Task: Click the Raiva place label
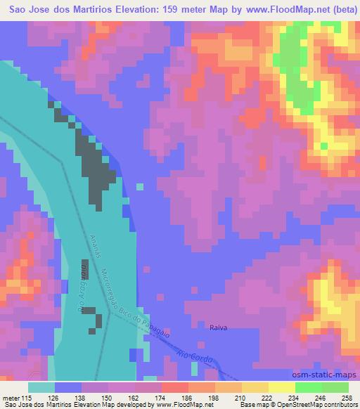(x=218, y=327)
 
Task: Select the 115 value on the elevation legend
(x=27, y=398)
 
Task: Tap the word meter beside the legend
(x=10, y=398)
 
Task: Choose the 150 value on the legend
(x=106, y=398)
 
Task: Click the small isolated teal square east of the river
(x=139, y=187)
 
